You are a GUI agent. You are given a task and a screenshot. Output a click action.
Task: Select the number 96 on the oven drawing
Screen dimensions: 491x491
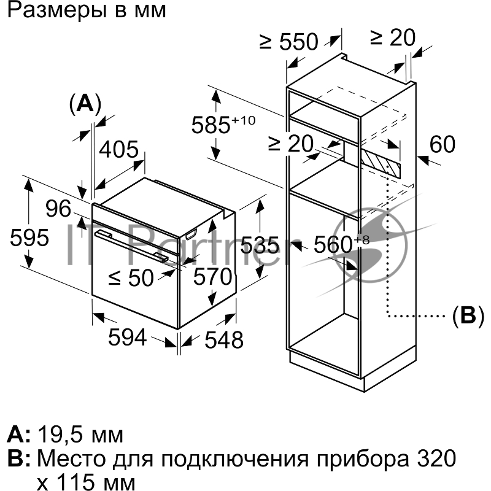tap(60, 209)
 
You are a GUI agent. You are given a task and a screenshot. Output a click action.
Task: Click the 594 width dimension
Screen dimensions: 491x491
tap(127, 337)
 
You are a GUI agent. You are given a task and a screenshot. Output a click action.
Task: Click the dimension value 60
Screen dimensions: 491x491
tap(442, 145)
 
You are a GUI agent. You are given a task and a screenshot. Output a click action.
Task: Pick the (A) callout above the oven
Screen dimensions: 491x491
tap(84, 102)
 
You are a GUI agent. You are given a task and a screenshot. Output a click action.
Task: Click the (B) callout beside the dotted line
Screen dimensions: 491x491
tap(468, 315)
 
